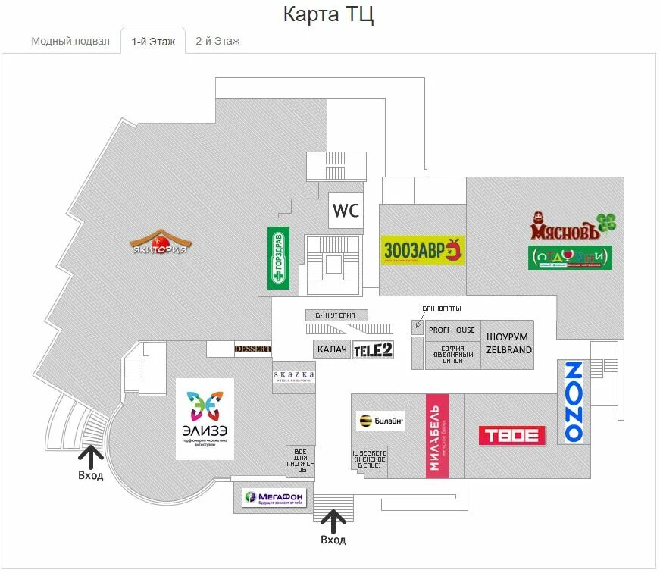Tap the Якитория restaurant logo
click(x=159, y=242)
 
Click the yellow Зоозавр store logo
click(x=422, y=249)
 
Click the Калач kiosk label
click(x=332, y=349)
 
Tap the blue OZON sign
click(x=574, y=402)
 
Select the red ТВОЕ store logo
click(x=512, y=435)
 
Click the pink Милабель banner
click(x=436, y=436)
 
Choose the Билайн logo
click(x=380, y=421)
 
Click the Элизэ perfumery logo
click(x=205, y=418)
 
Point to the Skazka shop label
click(x=294, y=377)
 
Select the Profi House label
click(x=452, y=330)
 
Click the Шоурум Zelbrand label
click(x=508, y=343)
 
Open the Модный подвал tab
click(x=70, y=41)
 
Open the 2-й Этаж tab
click(x=217, y=41)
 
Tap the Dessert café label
click(x=252, y=349)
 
